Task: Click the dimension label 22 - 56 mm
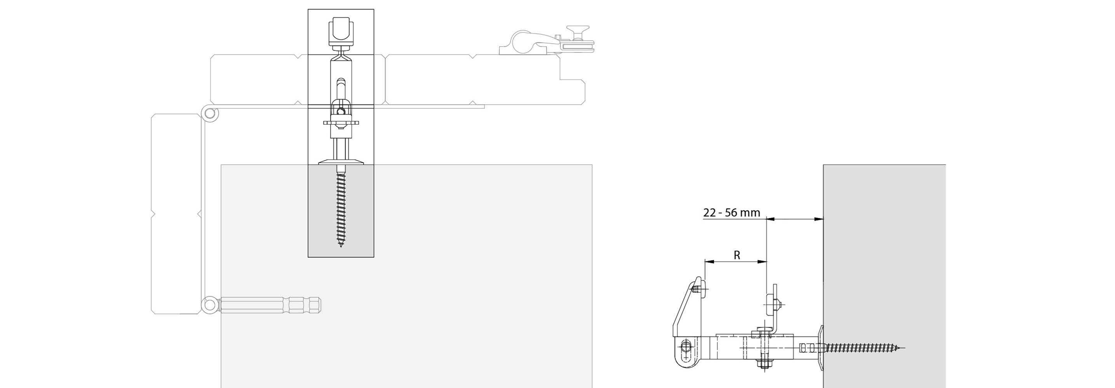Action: pos(732,212)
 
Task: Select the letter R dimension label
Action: pos(737,255)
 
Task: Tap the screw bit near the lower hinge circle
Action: pos(271,305)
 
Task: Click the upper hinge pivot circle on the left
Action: pos(210,114)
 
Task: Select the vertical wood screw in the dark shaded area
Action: pos(341,206)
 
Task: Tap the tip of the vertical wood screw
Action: pos(341,246)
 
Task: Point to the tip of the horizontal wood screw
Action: pos(904,347)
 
